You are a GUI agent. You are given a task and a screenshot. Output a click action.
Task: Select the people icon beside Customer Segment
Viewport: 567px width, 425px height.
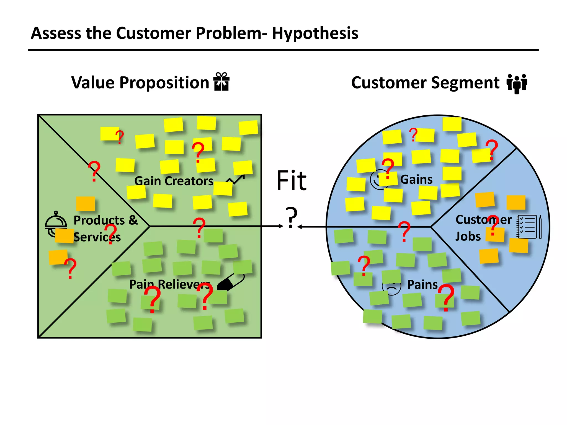[517, 84]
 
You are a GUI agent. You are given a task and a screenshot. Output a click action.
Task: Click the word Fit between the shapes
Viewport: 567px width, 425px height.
[292, 181]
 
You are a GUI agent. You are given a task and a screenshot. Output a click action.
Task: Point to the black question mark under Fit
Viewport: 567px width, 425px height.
[291, 217]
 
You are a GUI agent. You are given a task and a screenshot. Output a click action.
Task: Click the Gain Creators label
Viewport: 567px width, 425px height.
[174, 181]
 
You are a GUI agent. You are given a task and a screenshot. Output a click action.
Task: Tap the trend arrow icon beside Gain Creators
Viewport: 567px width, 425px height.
[236, 179]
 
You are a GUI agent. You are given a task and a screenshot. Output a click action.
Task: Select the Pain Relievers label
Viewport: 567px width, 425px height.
[169, 284]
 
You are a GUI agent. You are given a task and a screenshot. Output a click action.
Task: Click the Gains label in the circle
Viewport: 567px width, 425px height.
[416, 180]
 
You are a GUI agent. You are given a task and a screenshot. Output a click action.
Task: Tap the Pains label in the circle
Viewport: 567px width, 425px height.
[422, 285]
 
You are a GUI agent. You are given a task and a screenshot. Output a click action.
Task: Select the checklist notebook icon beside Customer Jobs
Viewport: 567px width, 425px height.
[529, 227]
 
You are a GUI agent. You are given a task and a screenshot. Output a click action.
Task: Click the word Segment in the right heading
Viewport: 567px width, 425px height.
[465, 83]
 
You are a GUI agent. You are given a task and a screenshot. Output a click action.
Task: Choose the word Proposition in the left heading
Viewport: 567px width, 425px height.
[164, 83]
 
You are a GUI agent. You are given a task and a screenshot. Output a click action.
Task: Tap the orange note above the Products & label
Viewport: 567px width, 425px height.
[86, 204]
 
